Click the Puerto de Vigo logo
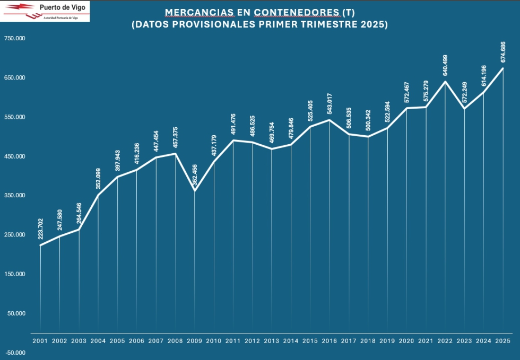pos(45,11)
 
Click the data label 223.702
pos(41,229)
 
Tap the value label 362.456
pos(195,175)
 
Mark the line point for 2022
pos(445,81)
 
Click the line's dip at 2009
pos(195,191)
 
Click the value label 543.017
pos(330,104)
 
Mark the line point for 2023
pos(465,109)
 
